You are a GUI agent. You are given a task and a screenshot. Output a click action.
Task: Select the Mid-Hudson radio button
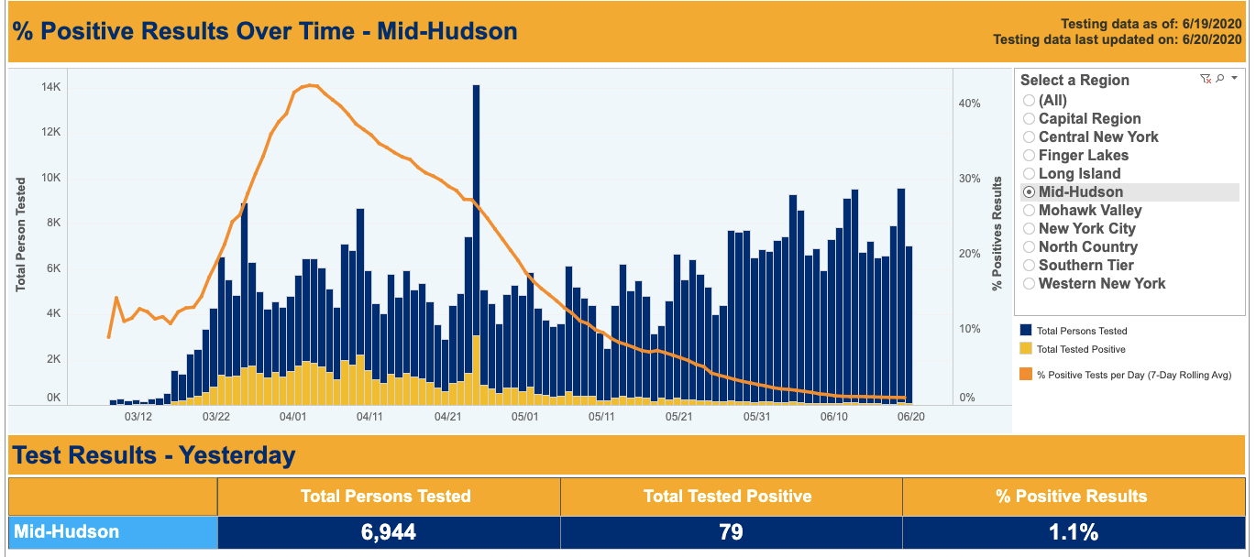(x=1030, y=192)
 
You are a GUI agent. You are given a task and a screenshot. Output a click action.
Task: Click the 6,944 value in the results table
(x=389, y=531)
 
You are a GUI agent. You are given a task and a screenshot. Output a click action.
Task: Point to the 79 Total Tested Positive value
(x=731, y=531)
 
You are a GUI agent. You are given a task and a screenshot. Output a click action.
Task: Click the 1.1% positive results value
(x=1073, y=531)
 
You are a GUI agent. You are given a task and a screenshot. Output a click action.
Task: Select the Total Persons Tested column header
(x=386, y=497)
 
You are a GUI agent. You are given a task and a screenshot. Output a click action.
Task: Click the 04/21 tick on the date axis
(x=447, y=417)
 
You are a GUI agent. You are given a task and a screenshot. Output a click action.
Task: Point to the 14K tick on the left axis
(x=50, y=87)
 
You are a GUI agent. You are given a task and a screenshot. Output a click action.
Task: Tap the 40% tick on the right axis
(x=969, y=104)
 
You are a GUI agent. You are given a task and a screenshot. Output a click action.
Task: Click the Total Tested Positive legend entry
(x=1081, y=349)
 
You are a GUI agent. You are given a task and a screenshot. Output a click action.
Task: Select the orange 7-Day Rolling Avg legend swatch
(x=1026, y=374)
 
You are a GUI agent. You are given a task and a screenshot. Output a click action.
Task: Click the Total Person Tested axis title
(x=20, y=235)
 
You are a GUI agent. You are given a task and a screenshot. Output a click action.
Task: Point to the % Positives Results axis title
(x=997, y=235)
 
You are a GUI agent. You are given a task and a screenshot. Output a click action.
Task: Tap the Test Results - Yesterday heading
(x=153, y=454)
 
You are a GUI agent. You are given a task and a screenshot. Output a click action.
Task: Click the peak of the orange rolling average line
(x=313, y=85)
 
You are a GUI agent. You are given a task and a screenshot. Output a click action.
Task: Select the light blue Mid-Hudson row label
(x=113, y=531)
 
